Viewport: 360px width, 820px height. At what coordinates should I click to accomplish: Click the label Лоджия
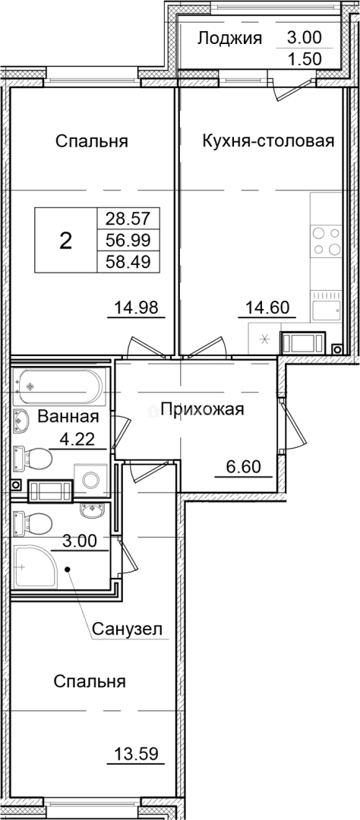[229, 39]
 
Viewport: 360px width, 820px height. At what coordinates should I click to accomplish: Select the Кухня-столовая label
[268, 141]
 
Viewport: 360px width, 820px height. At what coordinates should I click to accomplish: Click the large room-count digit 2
[66, 241]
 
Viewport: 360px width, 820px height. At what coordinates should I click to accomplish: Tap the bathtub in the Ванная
[58, 386]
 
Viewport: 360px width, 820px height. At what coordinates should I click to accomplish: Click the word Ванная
[68, 416]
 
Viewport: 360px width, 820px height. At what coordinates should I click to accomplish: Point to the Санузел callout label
[128, 629]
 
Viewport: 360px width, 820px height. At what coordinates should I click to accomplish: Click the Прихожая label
[198, 410]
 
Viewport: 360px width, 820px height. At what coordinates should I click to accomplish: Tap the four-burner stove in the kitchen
[326, 241]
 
